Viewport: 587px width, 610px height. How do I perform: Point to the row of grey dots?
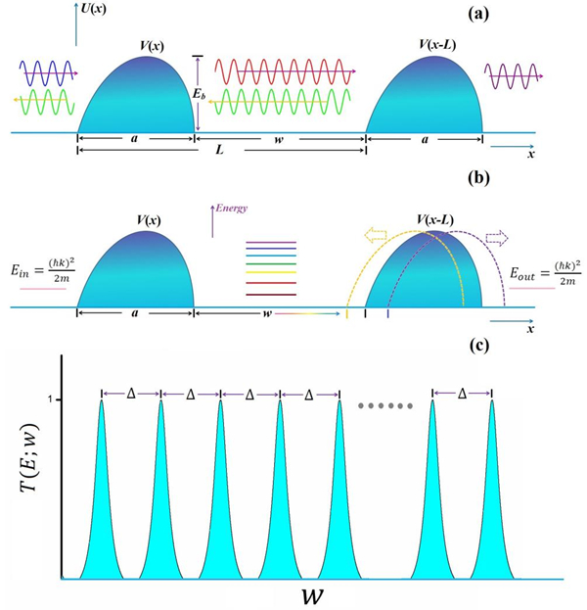point(385,404)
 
